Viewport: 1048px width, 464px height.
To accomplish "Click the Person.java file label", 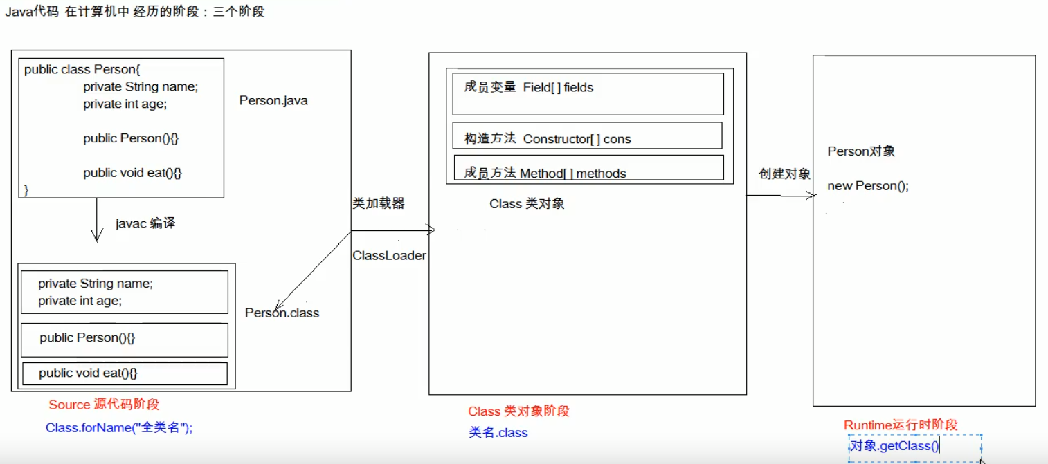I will (x=273, y=101).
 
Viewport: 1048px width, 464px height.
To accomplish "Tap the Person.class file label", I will (x=282, y=313).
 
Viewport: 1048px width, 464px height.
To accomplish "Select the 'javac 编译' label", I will (x=145, y=223).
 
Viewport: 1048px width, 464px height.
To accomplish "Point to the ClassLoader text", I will (x=389, y=256).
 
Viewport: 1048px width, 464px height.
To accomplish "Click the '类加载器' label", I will (x=378, y=203).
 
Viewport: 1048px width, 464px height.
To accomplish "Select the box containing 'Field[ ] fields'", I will (x=588, y=94).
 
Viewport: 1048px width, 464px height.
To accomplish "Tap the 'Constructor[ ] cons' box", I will (x=587, y=136).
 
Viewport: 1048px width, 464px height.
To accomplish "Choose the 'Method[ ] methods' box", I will (x=588, y=168).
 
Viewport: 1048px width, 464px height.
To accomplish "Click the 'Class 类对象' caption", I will (x=527, y=204).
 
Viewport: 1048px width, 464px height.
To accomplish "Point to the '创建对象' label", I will (x=784, y=174).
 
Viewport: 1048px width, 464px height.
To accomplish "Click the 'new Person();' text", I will (x=868, y=186).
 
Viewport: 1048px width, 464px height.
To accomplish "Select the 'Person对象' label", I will (x=861, y=151).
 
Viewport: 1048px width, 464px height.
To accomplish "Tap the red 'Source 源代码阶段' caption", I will (x=104, y=405).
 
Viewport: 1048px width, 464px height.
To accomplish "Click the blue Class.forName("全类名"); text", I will (x=119, y=428).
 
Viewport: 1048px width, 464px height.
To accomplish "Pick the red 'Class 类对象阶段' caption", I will (x=518, y=411).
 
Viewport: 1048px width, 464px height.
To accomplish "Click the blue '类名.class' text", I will (x=498, y=433).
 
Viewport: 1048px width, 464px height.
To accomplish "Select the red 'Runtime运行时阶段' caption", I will (x=901, y=425).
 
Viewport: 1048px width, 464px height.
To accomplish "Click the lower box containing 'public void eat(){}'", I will (x=125, y=373).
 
